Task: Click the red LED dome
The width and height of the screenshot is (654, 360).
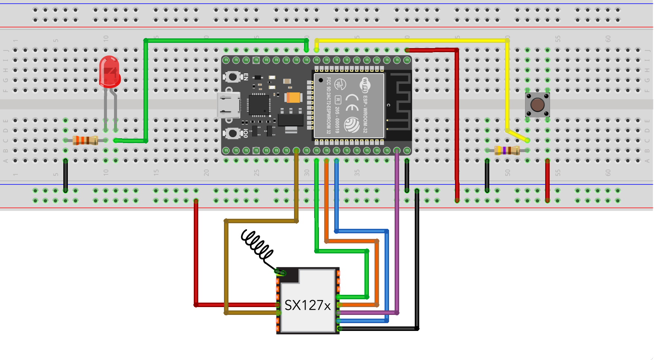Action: point(109,71)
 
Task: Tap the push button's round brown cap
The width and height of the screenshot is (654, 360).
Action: point(537,105)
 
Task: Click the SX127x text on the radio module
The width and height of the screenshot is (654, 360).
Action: point(307,305)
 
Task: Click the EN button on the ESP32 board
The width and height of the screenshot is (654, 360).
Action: point(233,77)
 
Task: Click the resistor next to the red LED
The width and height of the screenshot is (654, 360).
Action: point(85,140)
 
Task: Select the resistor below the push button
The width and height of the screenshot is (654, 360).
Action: point(507,150)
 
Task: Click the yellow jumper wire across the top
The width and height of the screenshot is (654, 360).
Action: point(410,40)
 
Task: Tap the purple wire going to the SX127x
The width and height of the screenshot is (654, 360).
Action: point(397,231)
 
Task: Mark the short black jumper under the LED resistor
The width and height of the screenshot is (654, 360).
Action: point(66,175)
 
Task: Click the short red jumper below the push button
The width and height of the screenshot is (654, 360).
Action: point(547,181)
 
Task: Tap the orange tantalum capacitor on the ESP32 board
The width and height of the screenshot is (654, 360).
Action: point(293,98)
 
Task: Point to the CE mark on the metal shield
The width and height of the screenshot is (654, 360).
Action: point(352,103)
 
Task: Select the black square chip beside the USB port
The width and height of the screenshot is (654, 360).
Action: point(259,105)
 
